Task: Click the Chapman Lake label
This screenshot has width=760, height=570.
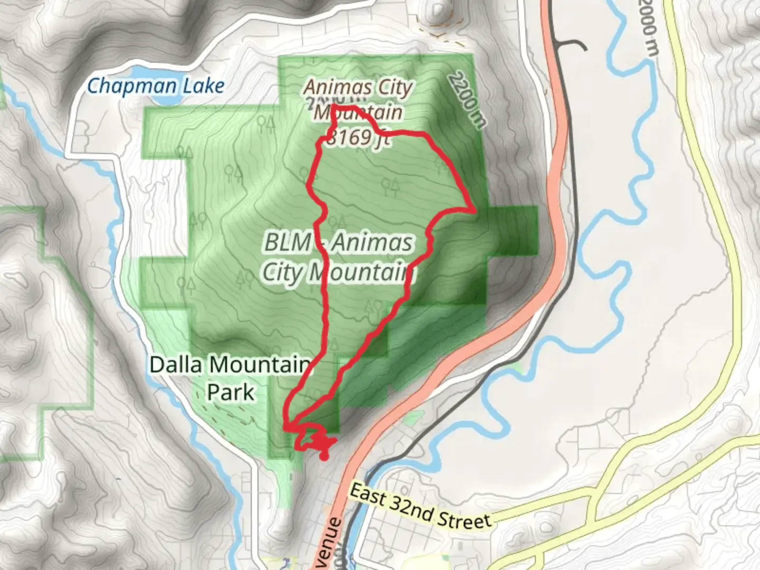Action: tap(156, 85)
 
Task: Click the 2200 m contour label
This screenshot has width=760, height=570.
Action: tap(467, 100)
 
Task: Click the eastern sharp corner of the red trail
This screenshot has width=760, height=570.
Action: tap(476, 210)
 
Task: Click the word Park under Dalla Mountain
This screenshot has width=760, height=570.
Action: tap(231, 392)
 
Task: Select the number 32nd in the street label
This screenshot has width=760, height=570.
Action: tap(417, 507)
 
